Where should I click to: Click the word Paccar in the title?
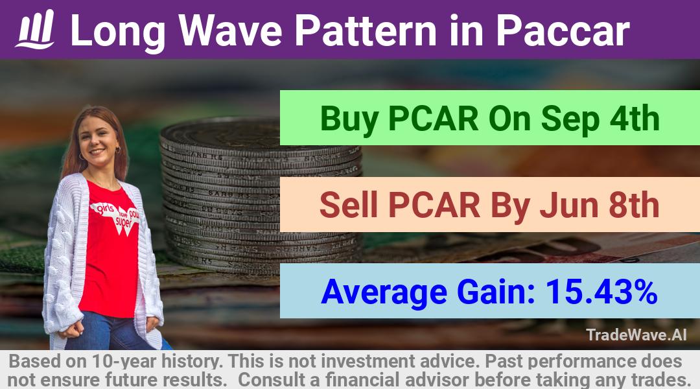pyautogui.click(x=563, y=30)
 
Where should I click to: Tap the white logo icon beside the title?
pyautogui.click(x=35, y=29)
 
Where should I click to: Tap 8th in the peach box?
pyautogui.click(x=635, y=205)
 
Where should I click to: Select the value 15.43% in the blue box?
pyautogui.click(x=601, y=292)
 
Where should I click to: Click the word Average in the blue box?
pyautogui.click(x=384, y=292)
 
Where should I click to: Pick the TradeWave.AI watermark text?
pyautogui.click(x=636, y=335)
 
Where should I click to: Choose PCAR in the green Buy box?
pyautogui.click(x=434, y=118)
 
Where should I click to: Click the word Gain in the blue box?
pyautogui.click(x=496, y=292)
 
